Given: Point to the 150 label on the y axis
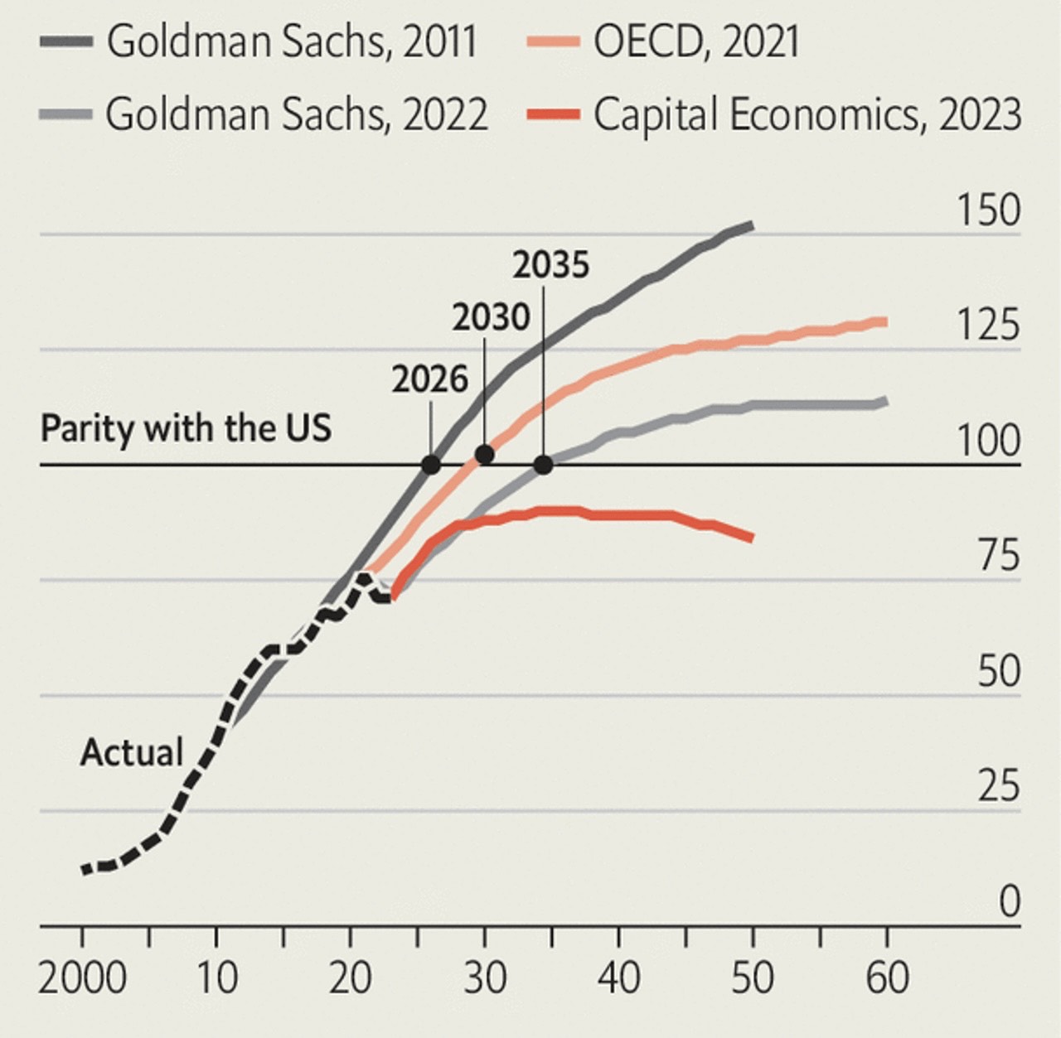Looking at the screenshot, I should click(x=988, y=210).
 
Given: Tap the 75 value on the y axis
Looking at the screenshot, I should click(x=998, y=555).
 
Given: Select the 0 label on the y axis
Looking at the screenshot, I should click(x=1009, y=901).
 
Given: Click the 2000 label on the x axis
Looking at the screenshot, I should click(x=82, y=978).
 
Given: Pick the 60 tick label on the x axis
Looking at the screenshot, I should click(x=886, y=978).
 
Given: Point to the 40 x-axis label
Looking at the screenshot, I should click(x=618, y=978).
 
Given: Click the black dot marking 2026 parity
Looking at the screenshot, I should click(x=431, y=464).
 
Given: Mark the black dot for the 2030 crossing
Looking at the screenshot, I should click(x=485, y=454).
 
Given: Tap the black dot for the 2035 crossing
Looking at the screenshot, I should click(x=543, y=465).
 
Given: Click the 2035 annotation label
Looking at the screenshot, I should click(x=550, y=266).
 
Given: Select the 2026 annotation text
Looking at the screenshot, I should click(x=429, y=379).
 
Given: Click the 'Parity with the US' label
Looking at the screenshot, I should click(x=186, y=429).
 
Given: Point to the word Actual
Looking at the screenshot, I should click(x=131, y=753).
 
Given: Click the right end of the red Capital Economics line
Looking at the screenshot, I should click(x=750, y=538).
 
